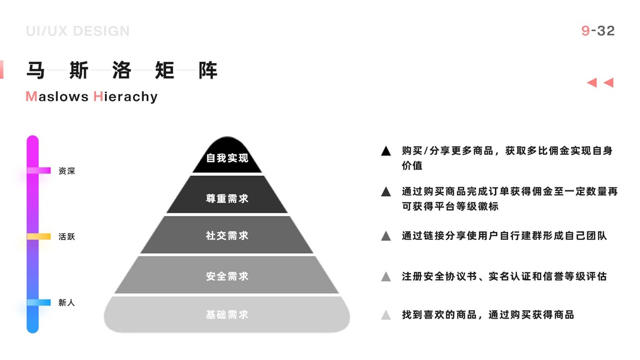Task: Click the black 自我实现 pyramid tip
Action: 227,157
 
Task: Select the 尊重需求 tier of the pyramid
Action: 227,197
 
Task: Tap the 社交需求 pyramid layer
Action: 227,236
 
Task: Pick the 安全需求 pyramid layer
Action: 227,276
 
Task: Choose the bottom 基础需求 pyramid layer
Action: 227,314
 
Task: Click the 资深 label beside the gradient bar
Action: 67,171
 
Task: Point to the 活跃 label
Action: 67,236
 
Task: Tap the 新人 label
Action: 67,303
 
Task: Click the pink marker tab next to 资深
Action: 39,170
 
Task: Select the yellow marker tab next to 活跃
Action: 39,236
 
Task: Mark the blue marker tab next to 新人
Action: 39,303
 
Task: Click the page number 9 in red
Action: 585,31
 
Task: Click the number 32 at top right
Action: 606,31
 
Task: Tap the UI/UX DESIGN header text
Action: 78,31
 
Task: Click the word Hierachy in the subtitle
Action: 125,97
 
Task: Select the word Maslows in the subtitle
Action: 57,97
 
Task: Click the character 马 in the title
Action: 36,70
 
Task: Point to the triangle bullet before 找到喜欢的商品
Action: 386,314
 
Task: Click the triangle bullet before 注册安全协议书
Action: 386,277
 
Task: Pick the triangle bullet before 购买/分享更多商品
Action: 386,151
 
